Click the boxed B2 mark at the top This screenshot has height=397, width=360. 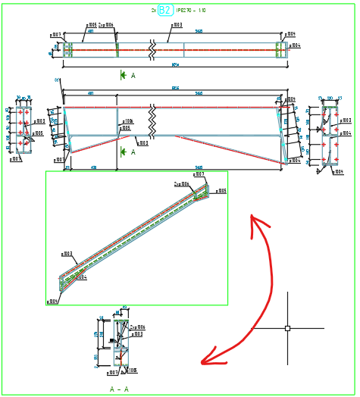tap(165, 10)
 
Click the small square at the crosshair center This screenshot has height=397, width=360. tap(287, 328)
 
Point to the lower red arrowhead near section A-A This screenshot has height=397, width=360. tap(206, 361)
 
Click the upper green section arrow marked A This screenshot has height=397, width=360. tap(123, 75)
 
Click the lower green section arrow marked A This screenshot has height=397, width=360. tap(123, 152)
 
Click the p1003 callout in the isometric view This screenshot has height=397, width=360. tap(67, 255)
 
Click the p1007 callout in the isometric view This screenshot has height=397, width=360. tap(199, 174)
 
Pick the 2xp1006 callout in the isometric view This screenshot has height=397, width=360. tap(181, 183)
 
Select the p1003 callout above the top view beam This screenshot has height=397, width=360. tap(175, 25)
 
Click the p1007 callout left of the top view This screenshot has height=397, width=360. tap(56, 35)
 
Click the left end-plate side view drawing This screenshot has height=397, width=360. tap(23, 130)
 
